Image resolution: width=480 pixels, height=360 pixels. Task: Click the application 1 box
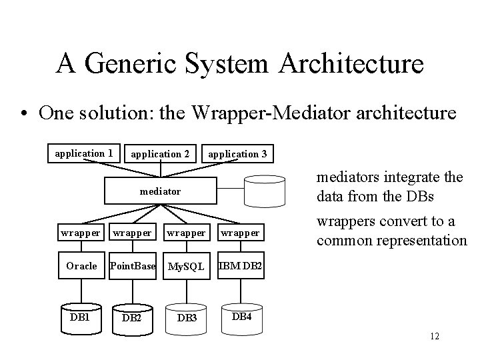(84, 153)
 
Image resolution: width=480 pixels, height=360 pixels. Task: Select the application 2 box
(160, 154)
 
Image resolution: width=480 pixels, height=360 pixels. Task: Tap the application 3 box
(237, 154)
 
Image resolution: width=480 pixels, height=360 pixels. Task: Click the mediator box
(160, 191)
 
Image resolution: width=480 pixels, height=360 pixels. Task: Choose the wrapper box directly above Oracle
(81, 233)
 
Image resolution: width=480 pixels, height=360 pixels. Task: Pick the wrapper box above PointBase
(132, 233)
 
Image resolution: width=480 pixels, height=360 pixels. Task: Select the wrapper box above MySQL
(186, 233)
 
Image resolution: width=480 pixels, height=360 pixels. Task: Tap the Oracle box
(81, 266)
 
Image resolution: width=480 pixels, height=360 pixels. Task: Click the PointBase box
(132, 266)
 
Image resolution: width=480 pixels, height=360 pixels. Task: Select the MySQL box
(186, 266)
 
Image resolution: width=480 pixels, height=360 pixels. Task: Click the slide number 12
(435, 336)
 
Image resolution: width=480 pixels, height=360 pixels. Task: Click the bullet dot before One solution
(24, 113)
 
